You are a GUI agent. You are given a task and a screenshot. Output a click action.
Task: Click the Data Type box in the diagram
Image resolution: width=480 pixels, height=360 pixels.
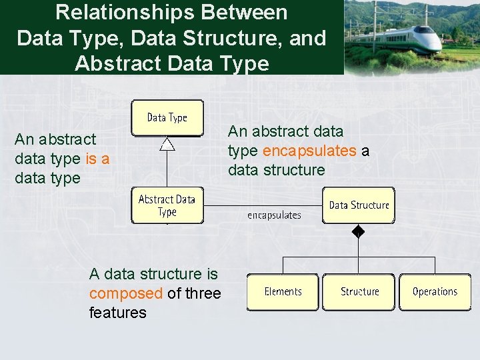[x=167, y=118]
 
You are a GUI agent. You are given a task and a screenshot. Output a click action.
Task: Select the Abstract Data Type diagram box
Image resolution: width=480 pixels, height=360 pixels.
[x=167, y=205]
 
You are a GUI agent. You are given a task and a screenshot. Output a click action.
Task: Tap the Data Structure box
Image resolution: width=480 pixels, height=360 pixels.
[x=359, y=205]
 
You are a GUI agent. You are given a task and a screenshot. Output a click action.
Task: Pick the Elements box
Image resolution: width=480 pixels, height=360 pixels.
[x=283, y=292]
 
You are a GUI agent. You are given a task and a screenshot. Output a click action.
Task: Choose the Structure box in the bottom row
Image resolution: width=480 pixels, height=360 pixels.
[x=359, y=292]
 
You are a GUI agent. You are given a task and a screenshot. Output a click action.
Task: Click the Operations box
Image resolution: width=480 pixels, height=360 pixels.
[x=435, y=292]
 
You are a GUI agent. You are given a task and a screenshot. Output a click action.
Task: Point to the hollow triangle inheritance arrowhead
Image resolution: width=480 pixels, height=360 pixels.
[x=167, y=143]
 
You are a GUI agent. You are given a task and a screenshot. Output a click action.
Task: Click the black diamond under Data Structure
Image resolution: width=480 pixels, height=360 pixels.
[x=359, y=232]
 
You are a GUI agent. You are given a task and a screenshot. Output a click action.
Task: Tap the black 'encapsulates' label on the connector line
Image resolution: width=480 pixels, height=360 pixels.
[x=274, y=215]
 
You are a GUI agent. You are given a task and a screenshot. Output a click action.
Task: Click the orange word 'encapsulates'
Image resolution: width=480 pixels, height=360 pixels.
[x=309, y=151]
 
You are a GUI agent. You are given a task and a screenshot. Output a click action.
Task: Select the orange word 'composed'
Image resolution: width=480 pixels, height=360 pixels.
[x=126, y=293]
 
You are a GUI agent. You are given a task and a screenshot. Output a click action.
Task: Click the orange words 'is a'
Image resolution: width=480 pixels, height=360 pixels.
[x=98, y=159]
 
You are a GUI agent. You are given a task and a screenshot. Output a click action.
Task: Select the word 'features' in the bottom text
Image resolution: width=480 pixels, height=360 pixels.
[x=117, y=313]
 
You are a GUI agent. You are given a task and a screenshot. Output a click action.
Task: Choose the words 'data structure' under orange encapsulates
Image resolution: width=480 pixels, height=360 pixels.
[x=277, y=170]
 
